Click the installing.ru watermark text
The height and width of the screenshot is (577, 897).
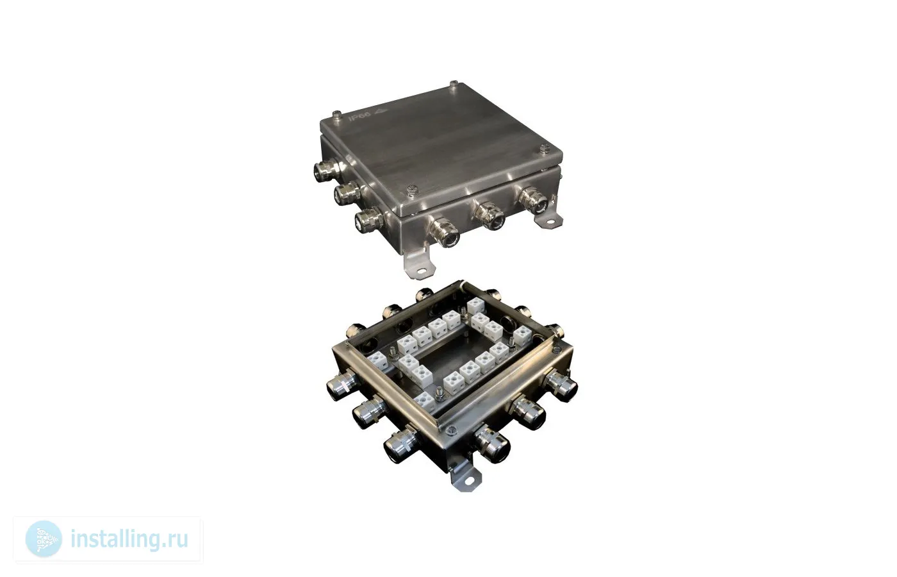(129, 539)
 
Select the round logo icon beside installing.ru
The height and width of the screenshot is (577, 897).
(44, 539)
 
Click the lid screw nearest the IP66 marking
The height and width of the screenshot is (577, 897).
(337, 115)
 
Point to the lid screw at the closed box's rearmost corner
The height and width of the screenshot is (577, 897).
(454, 84)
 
